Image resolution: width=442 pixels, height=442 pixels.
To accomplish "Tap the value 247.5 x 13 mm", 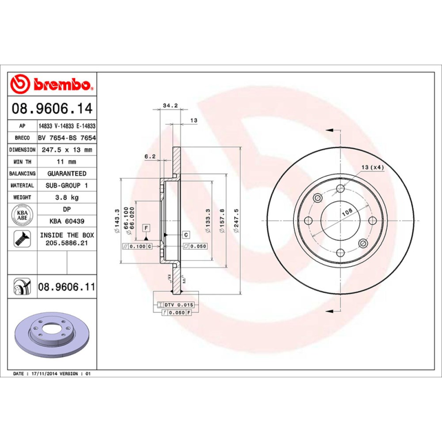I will pyautogui.click(x=66, y=150).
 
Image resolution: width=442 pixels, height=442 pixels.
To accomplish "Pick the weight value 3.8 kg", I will pyautogui.click(x=66, y=197).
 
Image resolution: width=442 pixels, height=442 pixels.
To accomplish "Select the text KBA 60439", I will pyautogui.click(x=66, y=222).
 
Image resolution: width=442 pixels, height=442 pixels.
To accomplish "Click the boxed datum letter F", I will pyautogui.click(x=146, y=228).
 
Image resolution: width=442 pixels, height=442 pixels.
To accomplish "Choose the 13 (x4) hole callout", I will pyautogui.click(x=372, y=167).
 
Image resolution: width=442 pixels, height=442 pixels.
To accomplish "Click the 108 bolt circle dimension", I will pyautogui.click(x=347, y=212).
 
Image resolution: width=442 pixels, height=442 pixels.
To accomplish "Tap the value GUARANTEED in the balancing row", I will pyautogui.click(x=66, y=173).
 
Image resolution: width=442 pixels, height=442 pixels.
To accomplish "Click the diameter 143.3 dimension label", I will pyautogui.click(x=117, y=221).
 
